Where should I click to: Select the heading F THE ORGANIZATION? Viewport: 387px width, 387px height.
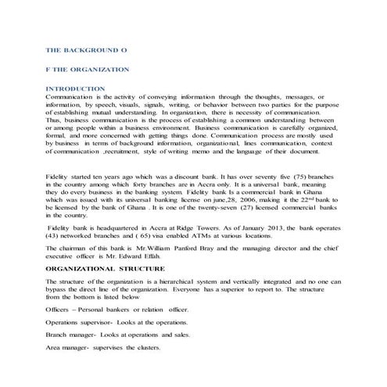coord(88,70)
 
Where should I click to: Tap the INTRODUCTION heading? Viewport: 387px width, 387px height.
coord(75,89)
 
